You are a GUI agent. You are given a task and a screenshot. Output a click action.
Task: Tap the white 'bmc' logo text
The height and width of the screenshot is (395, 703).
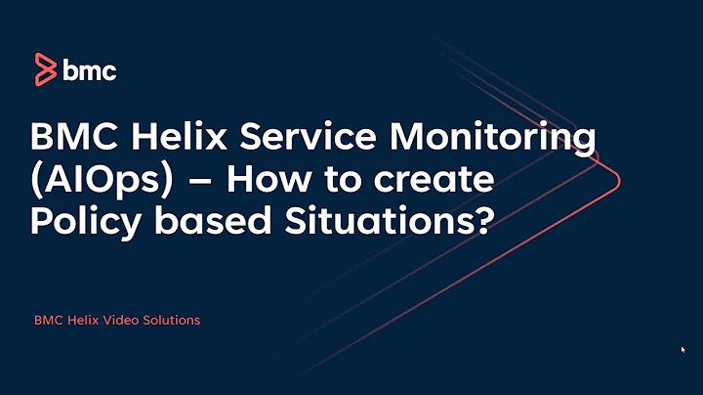tap(90, 70)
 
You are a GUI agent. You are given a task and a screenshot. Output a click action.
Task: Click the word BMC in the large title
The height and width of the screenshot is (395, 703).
tap(72, 140)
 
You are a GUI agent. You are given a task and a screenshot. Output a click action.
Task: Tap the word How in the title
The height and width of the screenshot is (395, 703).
tap(241, 182)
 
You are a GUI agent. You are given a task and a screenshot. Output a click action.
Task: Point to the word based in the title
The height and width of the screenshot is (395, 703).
tap(208, 223)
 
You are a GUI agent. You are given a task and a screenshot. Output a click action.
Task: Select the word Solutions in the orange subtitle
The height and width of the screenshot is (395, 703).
tap(171, 321)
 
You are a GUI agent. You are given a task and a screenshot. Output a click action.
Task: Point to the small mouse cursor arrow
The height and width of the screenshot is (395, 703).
tap(682, 348)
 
